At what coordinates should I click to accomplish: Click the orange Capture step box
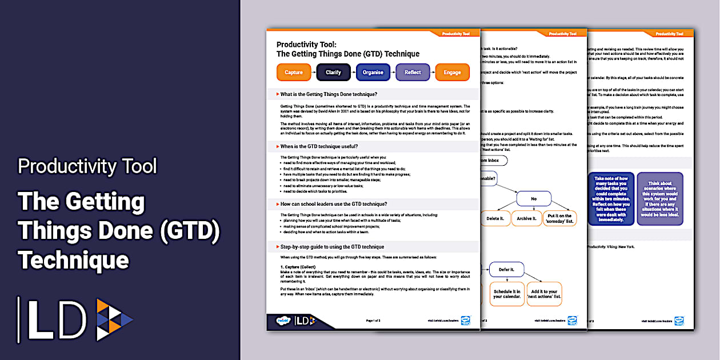coord(294,73)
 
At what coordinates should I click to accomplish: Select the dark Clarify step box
coord(333,73)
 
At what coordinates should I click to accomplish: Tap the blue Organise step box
coord(373,73)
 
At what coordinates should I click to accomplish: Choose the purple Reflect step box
coord(413,73)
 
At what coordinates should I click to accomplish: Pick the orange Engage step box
coord(452,73)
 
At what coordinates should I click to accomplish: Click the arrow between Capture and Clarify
coord(313,73)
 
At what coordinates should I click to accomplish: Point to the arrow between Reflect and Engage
coord(433,73)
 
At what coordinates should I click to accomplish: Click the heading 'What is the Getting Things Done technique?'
coord(329,94)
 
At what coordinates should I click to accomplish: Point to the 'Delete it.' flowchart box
coord(495,218)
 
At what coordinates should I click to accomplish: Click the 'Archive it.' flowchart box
coord(527,218)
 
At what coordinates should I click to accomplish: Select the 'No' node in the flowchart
coord(533,198)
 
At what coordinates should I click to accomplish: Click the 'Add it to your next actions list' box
coord(543,294)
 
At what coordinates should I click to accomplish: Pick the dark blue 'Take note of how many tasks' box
coord(611,199)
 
